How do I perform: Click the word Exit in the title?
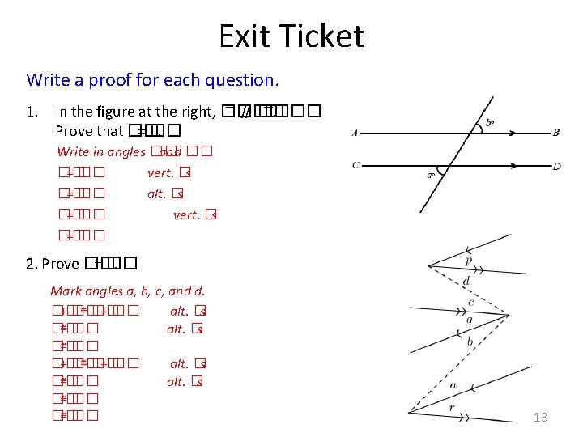[247, 36]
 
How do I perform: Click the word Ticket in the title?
[321, 36]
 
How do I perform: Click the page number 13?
[541, 417]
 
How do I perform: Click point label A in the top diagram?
[355, 134]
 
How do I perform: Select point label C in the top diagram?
[355, 166]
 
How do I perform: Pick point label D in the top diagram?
[556, 167]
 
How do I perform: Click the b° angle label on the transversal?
[491, 124]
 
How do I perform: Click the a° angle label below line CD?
[430, 174]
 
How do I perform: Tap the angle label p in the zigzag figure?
[469, 261]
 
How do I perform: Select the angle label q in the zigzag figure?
[469, 320]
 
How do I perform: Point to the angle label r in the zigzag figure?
[452, 407]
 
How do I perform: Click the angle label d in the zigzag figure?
[466, 281]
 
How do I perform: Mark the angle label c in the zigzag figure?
[471, 303]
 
